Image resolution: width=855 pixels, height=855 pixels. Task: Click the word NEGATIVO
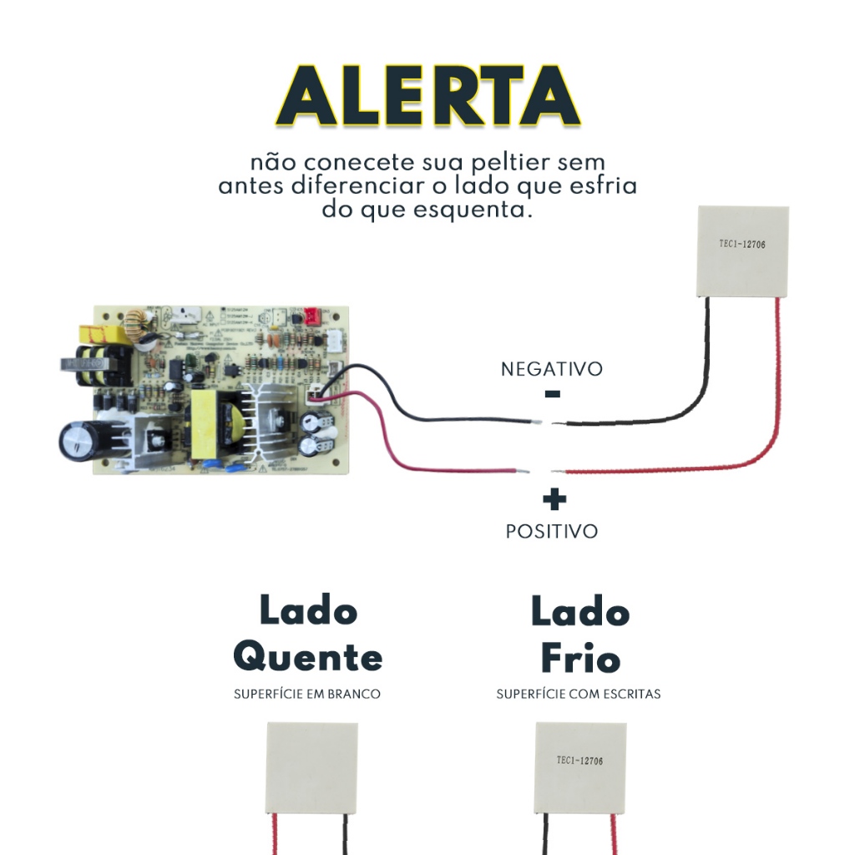(551, 369)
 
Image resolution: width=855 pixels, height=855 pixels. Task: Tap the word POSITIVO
(552, 531)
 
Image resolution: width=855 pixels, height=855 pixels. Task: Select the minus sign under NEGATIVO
(552, 394)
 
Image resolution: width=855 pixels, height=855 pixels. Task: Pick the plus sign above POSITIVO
(554, 499)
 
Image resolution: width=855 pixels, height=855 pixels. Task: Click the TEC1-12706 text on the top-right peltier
(742, 245)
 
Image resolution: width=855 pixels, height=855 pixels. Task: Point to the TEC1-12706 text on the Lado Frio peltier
(579, 761)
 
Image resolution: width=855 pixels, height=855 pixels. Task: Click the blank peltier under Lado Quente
(312, 768)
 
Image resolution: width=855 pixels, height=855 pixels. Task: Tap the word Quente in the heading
(307, 657)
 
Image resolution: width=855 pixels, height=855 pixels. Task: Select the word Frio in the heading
(580, 659)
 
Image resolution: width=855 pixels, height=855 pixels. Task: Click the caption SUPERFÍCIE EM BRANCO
(306, 694)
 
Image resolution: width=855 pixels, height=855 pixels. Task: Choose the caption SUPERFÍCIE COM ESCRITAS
(578, 694)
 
